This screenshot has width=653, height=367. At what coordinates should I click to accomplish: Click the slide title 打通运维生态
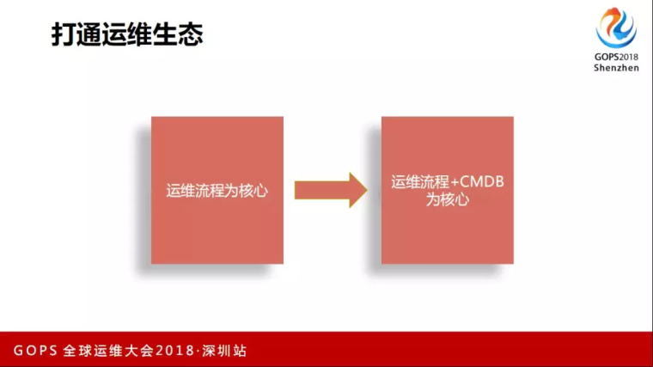[127, 34]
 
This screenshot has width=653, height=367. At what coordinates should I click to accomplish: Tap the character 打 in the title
[64, 34]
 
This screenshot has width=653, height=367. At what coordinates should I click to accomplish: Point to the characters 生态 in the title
[178, 34]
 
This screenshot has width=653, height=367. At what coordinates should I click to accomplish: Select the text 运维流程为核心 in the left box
[217, 191]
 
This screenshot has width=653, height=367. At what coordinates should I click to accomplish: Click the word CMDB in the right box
[482, 181]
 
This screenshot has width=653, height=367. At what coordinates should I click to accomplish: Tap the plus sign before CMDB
[455, 182]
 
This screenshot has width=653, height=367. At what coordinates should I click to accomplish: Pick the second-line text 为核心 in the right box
[448, 199]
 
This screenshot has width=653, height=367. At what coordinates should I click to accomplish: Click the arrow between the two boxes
[331, 190]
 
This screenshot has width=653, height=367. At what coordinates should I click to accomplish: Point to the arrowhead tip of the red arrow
[368, 190]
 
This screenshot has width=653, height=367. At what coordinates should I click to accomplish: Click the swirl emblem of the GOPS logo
[616, 28]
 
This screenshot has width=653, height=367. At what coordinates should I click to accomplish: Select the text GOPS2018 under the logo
[616, 57]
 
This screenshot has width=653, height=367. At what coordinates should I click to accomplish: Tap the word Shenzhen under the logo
[616, 68]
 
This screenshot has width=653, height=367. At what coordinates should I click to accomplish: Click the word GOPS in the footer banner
[35, 351]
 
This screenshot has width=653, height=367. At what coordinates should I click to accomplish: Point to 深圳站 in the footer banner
[224, 351]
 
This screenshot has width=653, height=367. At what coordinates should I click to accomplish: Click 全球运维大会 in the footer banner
[108, 351]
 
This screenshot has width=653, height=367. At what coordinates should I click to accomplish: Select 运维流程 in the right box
[420, 182]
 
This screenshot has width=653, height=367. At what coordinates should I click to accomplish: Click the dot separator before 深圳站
[198, 351]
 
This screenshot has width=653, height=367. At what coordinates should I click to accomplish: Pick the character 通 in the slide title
[89, 34]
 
